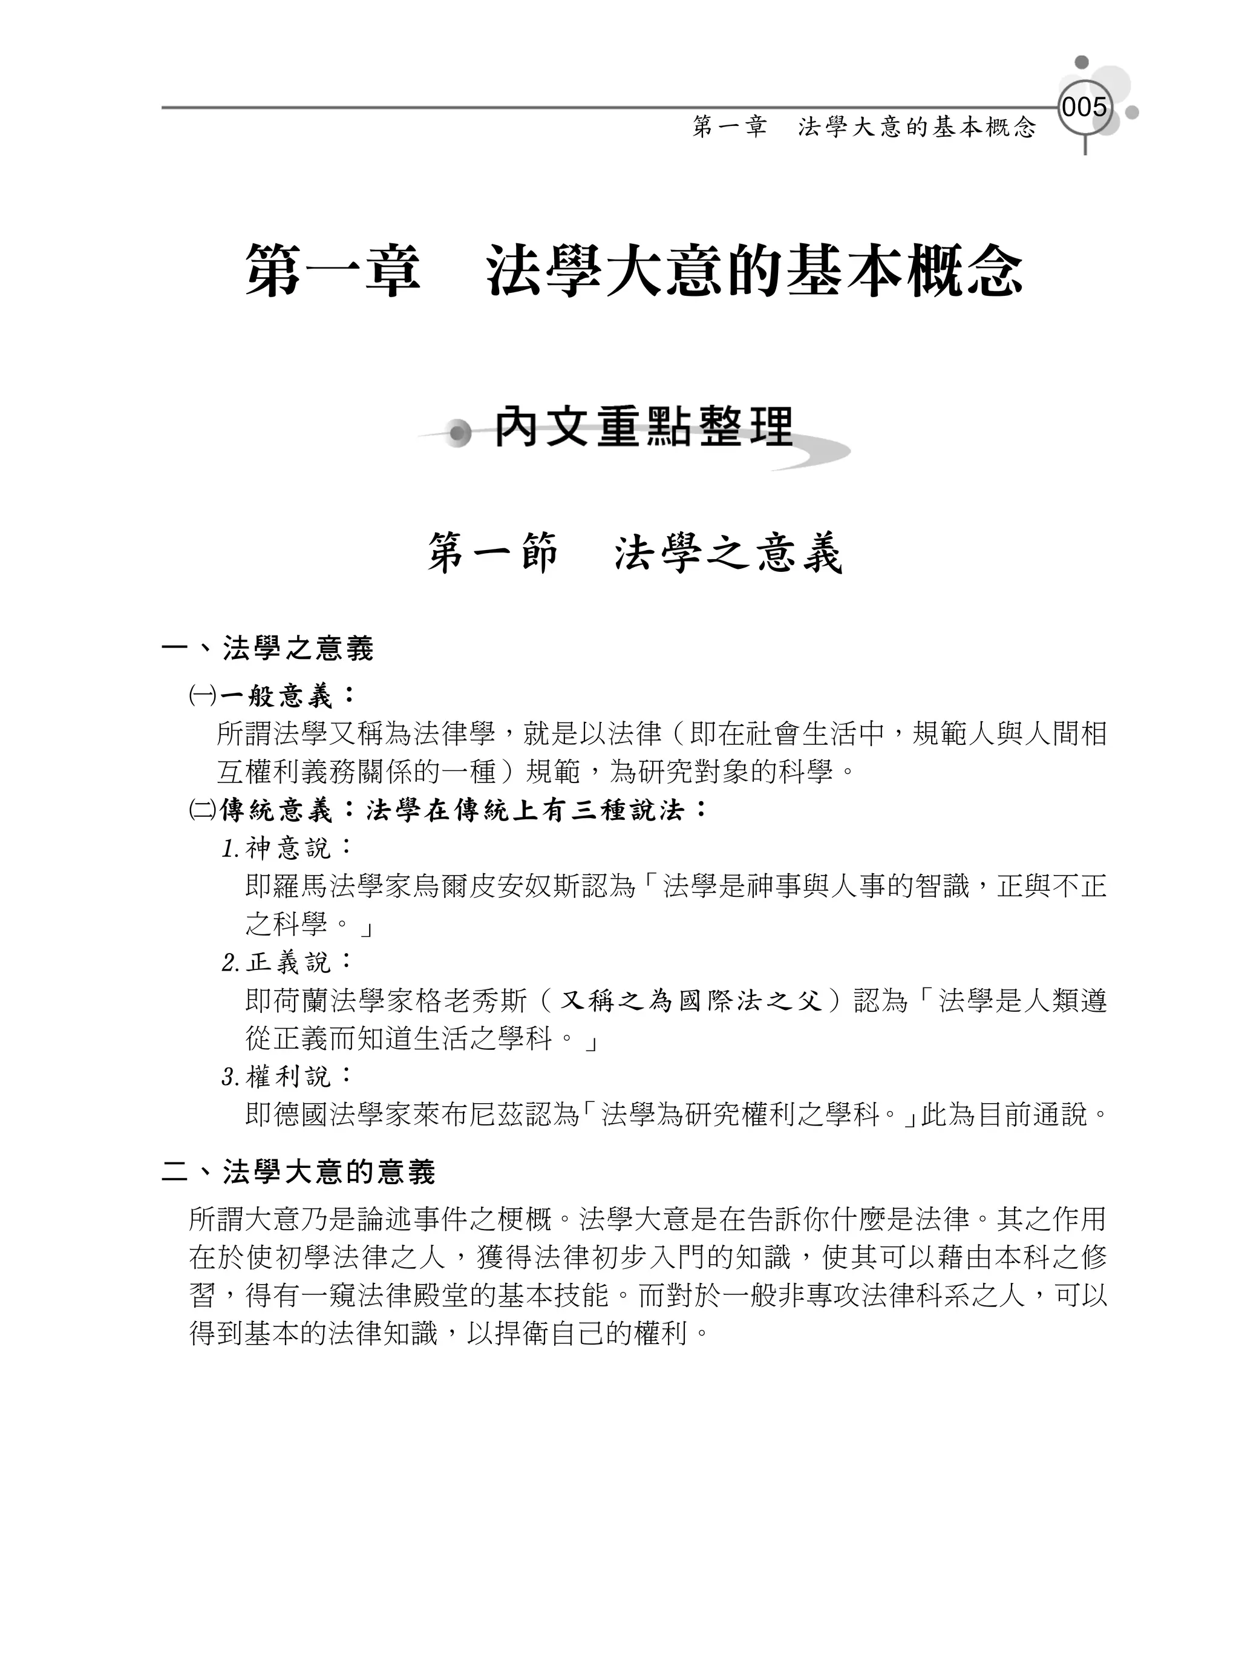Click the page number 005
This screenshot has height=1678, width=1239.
[x=1084, y=107]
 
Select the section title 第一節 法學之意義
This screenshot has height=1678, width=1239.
[x=635, y=554]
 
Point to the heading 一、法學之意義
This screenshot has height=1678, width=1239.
[x=268, y=649]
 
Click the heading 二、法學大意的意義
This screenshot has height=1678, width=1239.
[x=298, y=1173]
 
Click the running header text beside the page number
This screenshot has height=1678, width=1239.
[x=864, y=128]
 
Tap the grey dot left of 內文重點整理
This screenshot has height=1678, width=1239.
[x=456, y=433]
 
